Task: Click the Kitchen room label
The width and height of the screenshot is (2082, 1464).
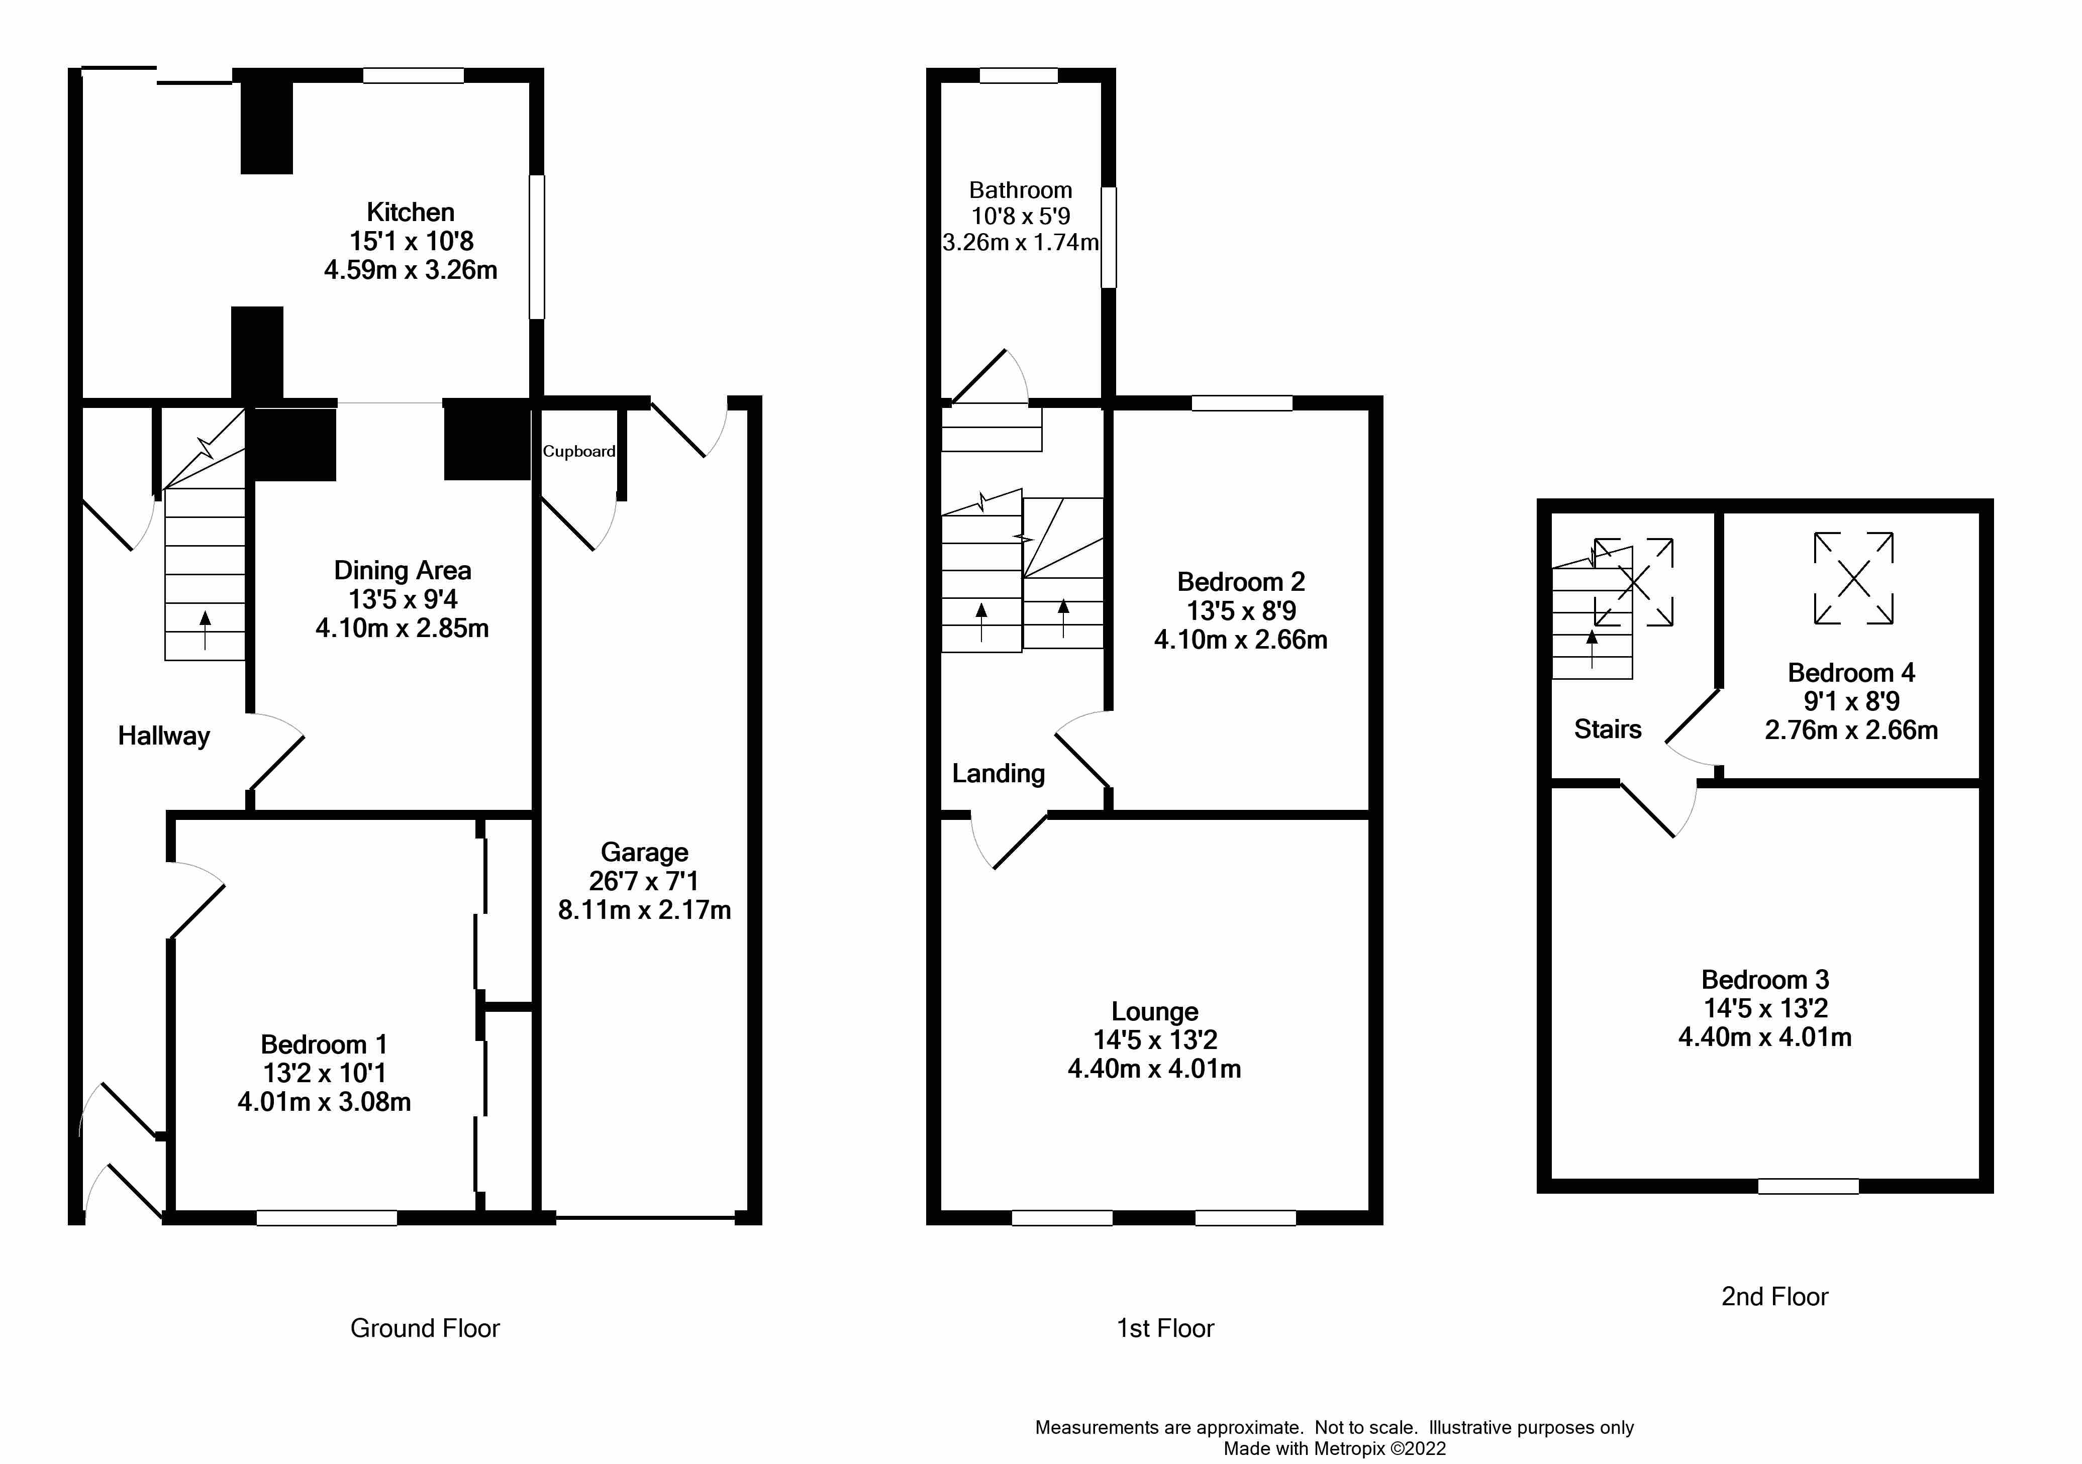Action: (411, 212)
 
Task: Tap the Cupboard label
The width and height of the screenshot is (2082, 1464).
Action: (579, 452)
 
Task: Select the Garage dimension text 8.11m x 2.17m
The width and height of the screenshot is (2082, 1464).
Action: (645, 910)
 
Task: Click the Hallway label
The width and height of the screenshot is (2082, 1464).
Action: (164, 736)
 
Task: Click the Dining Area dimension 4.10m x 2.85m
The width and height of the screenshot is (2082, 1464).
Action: (403, 628)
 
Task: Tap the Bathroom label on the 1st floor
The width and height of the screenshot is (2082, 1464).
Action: (1021, 190)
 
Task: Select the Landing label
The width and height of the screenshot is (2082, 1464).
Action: (999, 774)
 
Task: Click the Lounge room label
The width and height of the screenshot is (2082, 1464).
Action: (1155, 1012)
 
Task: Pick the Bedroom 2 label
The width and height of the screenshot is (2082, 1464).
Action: (1241, 582)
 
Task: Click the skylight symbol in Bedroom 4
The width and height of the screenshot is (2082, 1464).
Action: (1853, 578)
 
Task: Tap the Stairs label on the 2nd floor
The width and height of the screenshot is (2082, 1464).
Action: (1608, 729)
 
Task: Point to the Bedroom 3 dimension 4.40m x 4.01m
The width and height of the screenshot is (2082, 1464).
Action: (1765, 1037)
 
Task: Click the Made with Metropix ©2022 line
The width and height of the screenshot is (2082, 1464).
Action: (1335, 1448)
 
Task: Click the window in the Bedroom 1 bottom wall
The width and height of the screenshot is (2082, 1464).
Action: (327, 1218)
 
